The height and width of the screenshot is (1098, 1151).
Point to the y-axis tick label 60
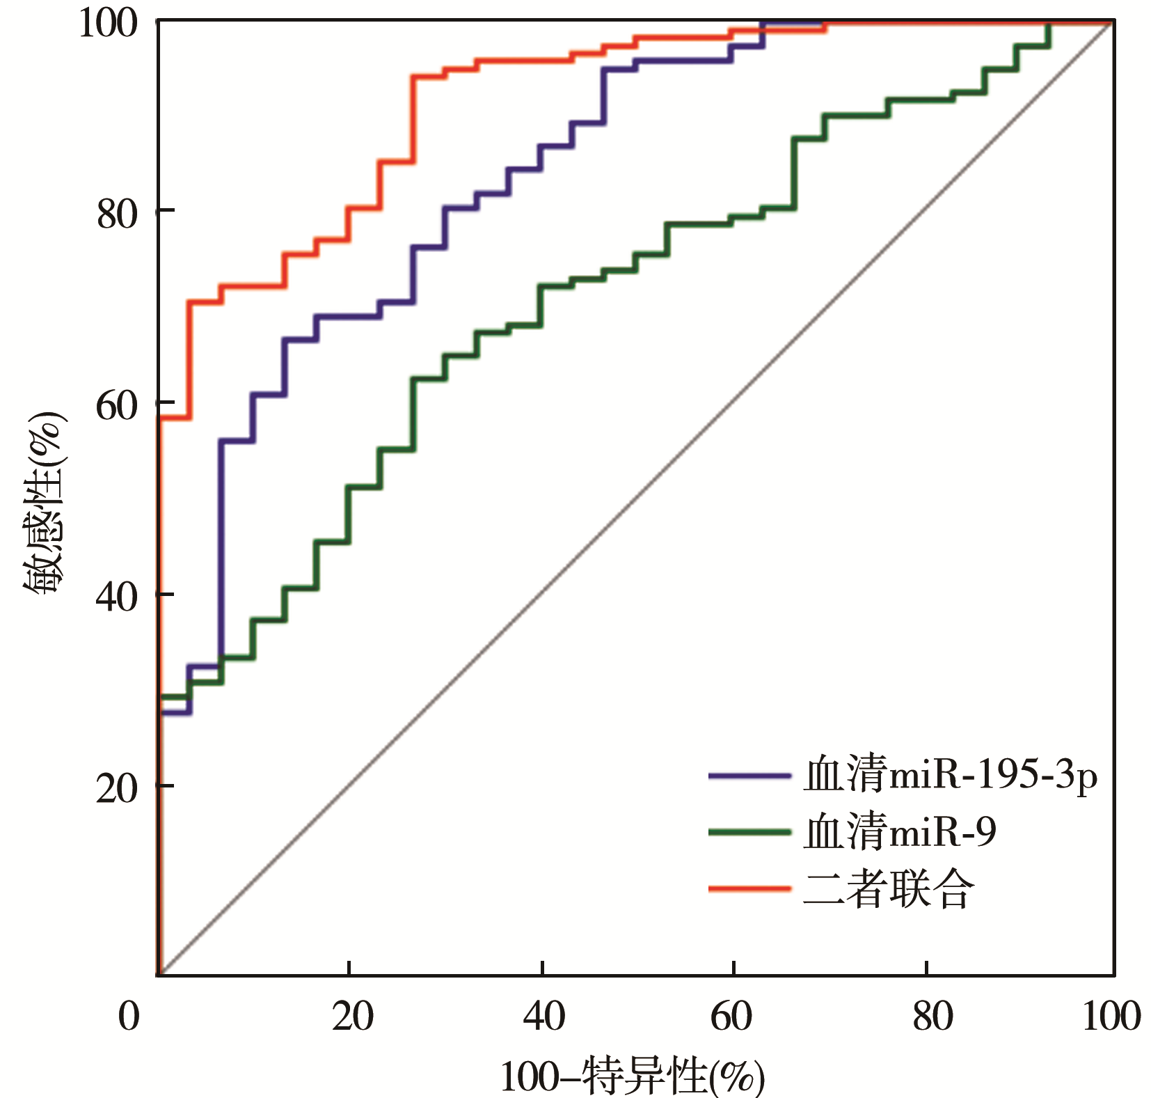[118, 405]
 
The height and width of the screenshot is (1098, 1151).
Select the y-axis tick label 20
[118, 788]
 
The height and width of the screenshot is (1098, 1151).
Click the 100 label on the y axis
[108, 23]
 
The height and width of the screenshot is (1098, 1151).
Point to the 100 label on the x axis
[1111, 1017]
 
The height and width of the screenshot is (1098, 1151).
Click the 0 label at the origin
[129, 1017]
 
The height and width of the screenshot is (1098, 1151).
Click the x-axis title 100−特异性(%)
[632, 1076]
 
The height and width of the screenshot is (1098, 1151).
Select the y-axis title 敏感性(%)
[43, 501]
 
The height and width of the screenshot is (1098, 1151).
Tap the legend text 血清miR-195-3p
[950, 775]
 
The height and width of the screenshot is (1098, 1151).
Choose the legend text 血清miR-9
[899, 832]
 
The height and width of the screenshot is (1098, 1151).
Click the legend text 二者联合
[888, 889]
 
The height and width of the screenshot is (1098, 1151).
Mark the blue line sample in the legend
[749, 775]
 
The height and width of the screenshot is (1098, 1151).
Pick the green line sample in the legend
[749, 832]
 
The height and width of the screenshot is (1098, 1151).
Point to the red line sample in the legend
[749, 889]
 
